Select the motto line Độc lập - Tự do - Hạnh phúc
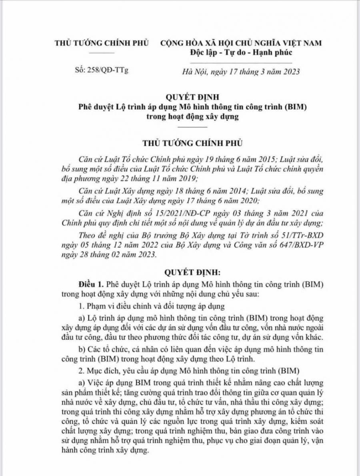tap(241, 52)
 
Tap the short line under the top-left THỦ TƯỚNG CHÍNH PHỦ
tap(101, 52)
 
